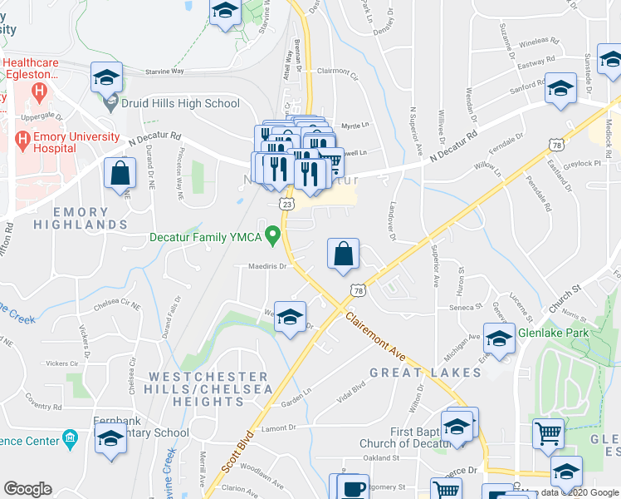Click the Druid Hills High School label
(x=181, y=104)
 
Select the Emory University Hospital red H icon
(x=22, y=140)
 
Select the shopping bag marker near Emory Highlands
(x=120, y=174)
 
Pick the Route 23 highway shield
(x=286, y=203)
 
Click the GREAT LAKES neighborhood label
(x=425, y=373)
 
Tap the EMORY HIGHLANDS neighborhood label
(x=81, y=219)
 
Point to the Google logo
(x=27, y=488)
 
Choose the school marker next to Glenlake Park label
(x=499, y=339)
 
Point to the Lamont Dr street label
(x=279, y=427)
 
